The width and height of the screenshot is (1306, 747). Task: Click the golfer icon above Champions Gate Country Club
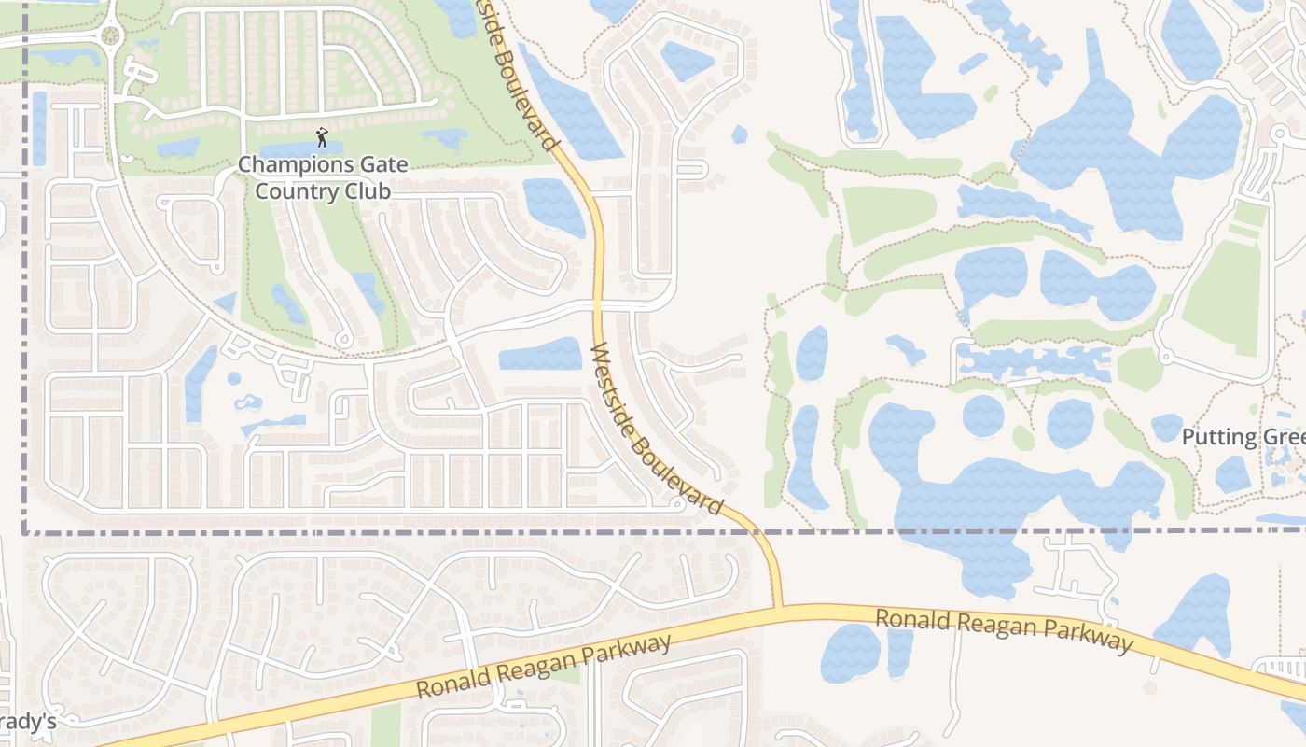point(322,137)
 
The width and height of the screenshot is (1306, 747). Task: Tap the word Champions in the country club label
point(283,165)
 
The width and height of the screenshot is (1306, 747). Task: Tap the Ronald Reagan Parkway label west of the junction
point(544,667)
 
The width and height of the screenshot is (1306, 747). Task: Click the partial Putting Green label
point(1243,437)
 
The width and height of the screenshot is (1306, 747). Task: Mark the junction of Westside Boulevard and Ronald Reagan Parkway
point(778,609)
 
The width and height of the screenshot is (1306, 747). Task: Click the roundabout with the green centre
point(111,36)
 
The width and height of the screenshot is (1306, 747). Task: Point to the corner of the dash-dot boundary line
point(24,532)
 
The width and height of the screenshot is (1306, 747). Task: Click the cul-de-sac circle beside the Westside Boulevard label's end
point(674,501)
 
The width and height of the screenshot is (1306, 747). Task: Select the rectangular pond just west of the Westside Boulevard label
point(540,355)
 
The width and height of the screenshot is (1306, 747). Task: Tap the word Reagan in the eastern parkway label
point(1004,627)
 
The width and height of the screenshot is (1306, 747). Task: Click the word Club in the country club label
point(368,191)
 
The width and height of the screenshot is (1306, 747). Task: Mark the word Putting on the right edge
point(1214,437)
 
